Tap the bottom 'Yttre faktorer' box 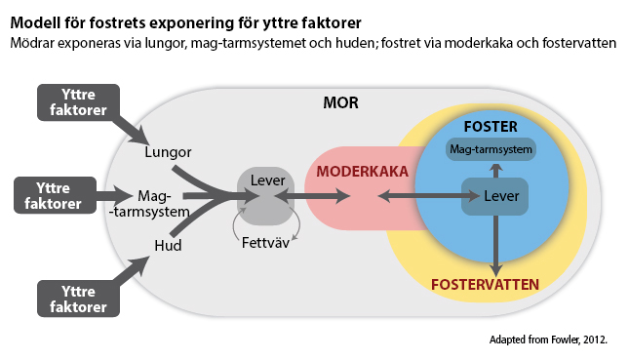(x=77, y=299)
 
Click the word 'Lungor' (x=167, y=153)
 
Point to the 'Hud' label (x=169, y=245)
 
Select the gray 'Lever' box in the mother (x=265, y=195)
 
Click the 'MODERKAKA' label (x=361, y=171)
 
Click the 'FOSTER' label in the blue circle (x=491, y=127)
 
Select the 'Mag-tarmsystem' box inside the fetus (x=491, y=150)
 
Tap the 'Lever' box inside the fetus (x=494, y=196)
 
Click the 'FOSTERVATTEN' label (x=484, y=285)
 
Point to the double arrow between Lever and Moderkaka (x=320, y=197)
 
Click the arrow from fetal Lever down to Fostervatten (x=495, y=244)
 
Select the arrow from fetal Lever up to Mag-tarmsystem (x=495, y=170)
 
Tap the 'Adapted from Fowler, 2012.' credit (x=548, y=340)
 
